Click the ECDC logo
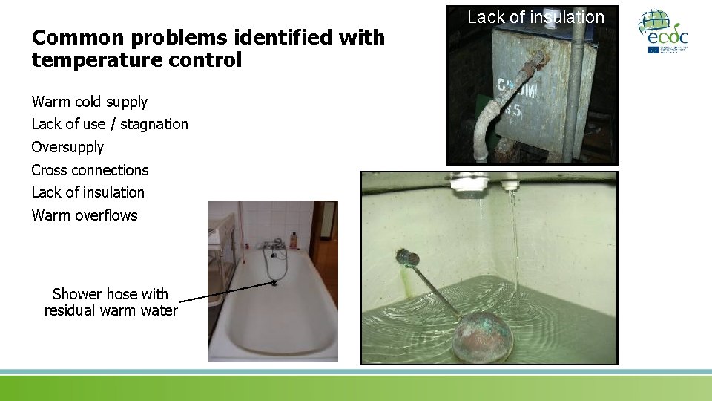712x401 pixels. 663,31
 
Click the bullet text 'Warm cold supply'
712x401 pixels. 89,102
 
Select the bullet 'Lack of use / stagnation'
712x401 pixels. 110,124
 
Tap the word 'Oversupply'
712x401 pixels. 67,147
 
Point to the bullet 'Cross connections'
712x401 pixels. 90,170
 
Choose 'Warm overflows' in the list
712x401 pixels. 85,215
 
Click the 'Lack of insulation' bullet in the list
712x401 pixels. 88,192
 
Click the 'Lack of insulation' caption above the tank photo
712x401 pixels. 535,17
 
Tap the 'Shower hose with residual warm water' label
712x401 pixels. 111,302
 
